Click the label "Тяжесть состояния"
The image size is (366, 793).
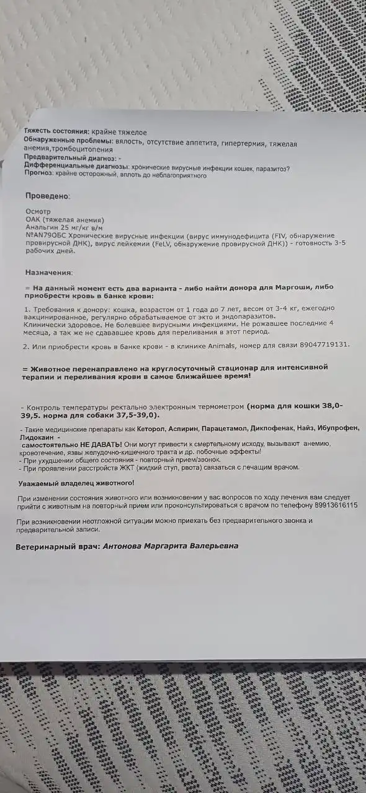[x=56, y=132]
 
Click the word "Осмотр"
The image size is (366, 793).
[x=37, y=211]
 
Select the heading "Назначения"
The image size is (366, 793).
[x=48, y=272]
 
